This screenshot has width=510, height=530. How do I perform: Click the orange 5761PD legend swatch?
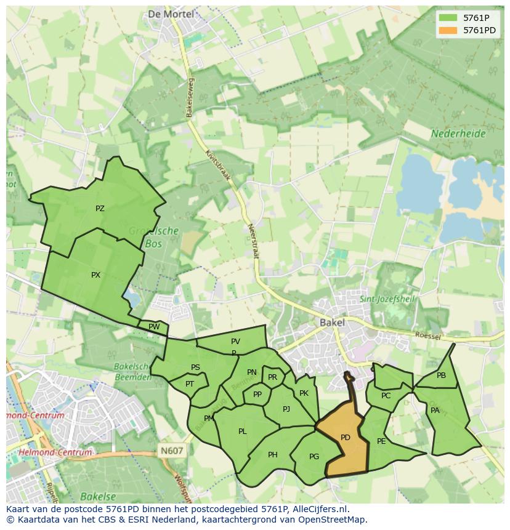[x=448, y=30]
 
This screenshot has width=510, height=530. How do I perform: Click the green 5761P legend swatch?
[x=448, y=18]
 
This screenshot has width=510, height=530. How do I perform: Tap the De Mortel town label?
[x=171, y=14]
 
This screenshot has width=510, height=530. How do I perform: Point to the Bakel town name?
[x=332, y=322]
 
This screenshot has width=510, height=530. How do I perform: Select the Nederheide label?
[x=458, y=133]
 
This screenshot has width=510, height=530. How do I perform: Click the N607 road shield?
[x=172, y=451]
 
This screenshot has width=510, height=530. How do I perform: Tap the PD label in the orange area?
[x=346, y=438]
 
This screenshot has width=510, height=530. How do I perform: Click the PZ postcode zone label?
[x=100, y=209]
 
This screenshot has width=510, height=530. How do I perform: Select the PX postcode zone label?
[x=95, y=275]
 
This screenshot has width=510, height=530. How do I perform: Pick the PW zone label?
[x=154, y=327]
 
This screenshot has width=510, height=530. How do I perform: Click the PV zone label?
[x=235, y=342]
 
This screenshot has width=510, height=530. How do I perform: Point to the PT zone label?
[x=190, y=383]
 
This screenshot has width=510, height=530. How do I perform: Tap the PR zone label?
[x=272, y=377]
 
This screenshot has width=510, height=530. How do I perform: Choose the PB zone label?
[x=441, y=375]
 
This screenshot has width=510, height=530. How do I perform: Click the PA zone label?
[x=435, y=411]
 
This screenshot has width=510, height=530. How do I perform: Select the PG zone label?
[x=314, y=456]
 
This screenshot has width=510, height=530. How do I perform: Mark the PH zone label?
[x=273, y=455]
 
